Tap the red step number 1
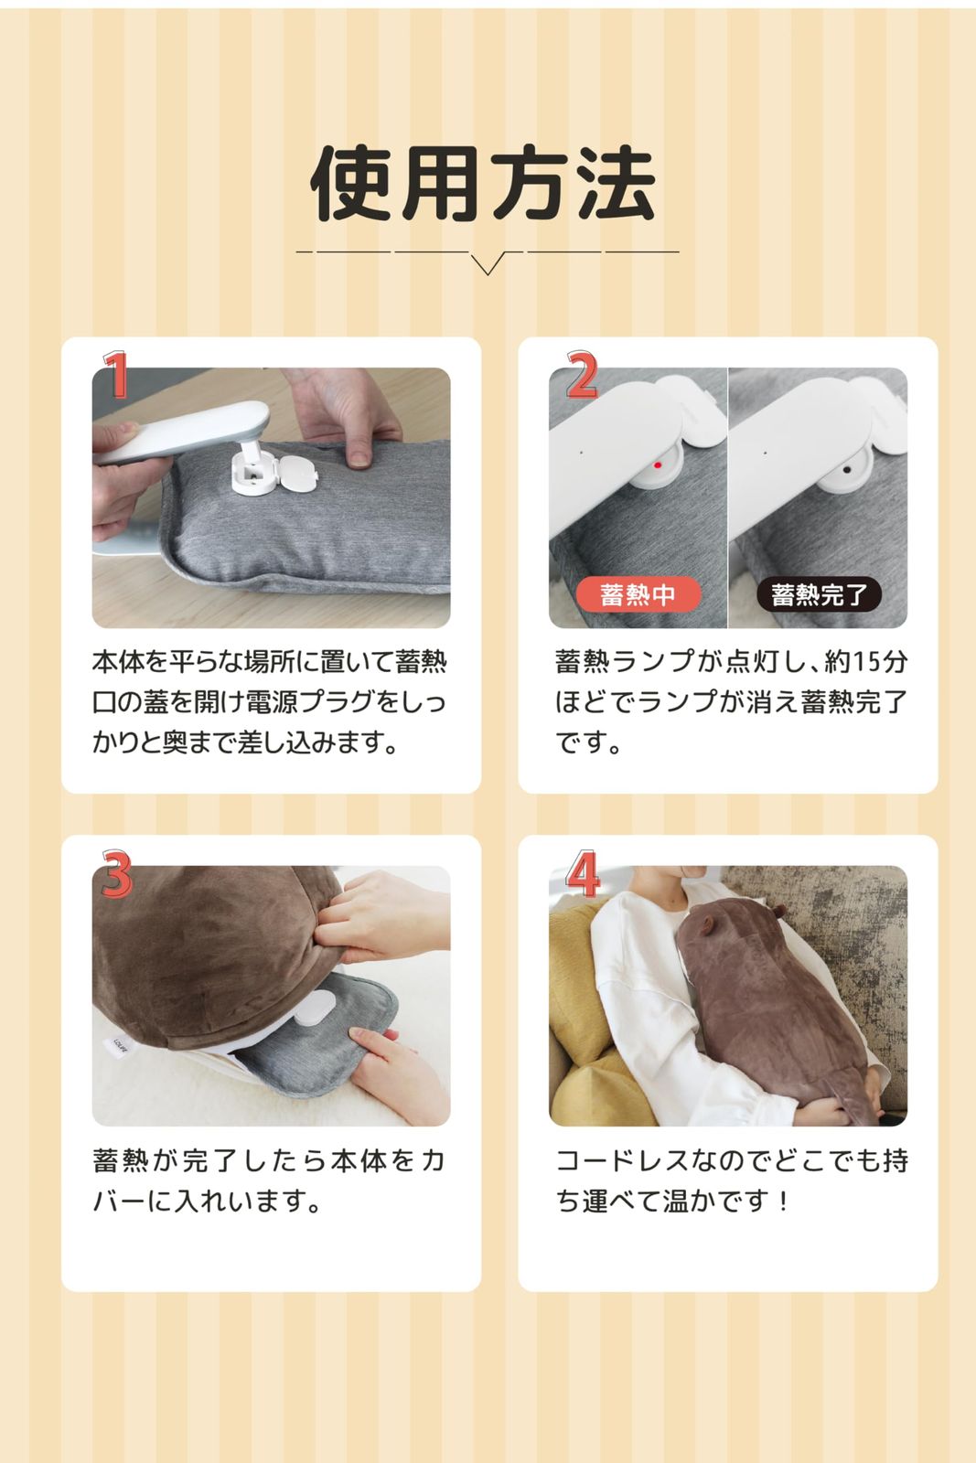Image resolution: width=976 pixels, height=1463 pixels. pyautogui.click(x=116, y=375)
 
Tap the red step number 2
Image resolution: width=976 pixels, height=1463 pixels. pyautogui.click(x=583, y=375)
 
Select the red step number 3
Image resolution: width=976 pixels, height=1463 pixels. pyautogui.click(x=116, y=874)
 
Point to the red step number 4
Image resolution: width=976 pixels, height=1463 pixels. pyautogui.click(x=583, y=874)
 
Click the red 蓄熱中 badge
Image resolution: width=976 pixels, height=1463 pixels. pyautogui.click(x=638, y=595)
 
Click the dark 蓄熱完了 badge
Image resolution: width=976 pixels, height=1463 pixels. pyautogui.click(x=819, y=595)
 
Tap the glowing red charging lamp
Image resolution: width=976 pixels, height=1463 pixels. pyautogui.click(x=658, y=465)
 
